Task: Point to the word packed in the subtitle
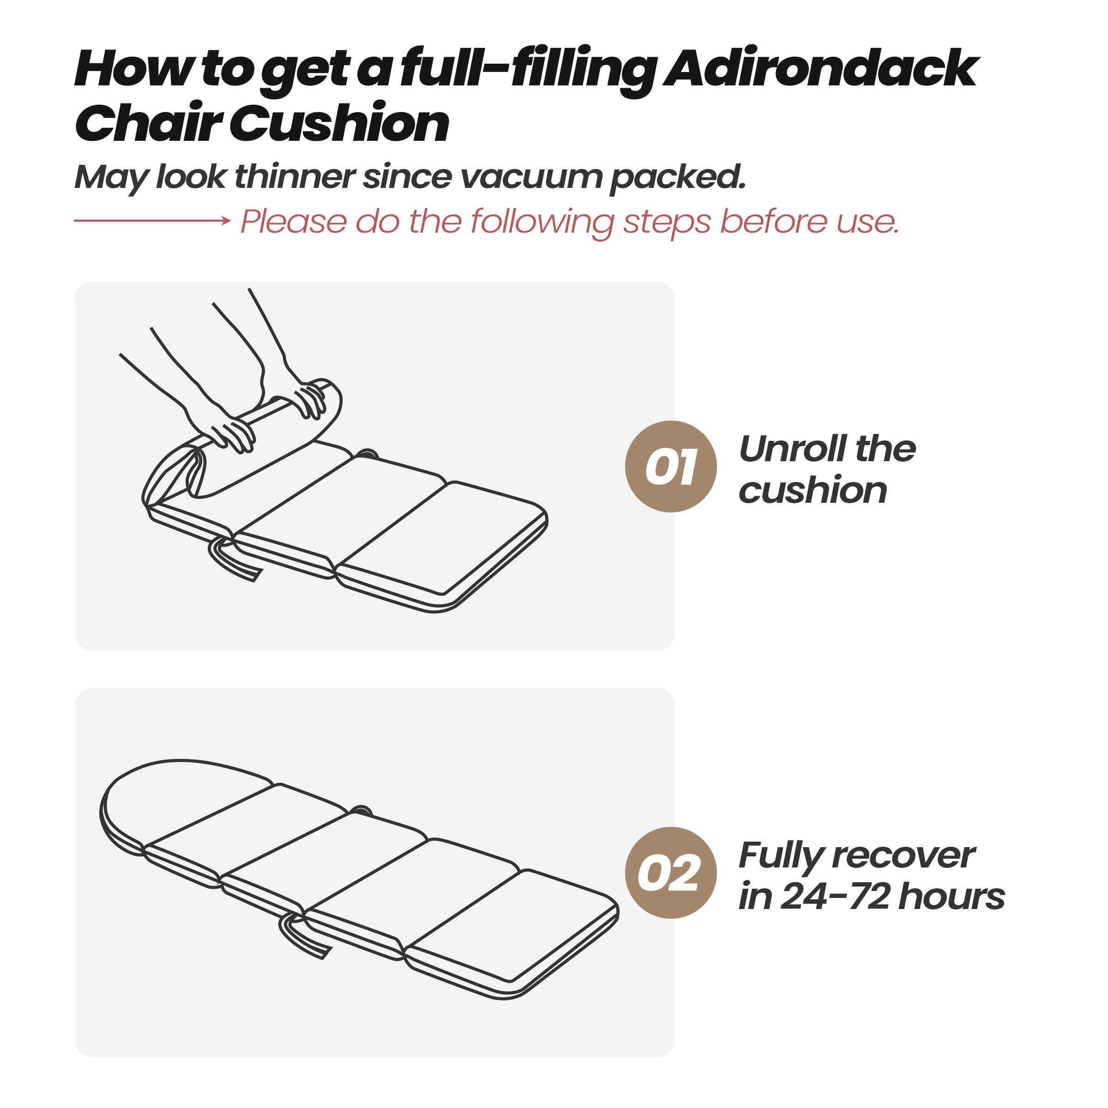tap(677, 178)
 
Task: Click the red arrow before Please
tap(152, 220)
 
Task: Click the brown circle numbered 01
tap(670, 466)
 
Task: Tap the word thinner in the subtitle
tap(295, 177)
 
